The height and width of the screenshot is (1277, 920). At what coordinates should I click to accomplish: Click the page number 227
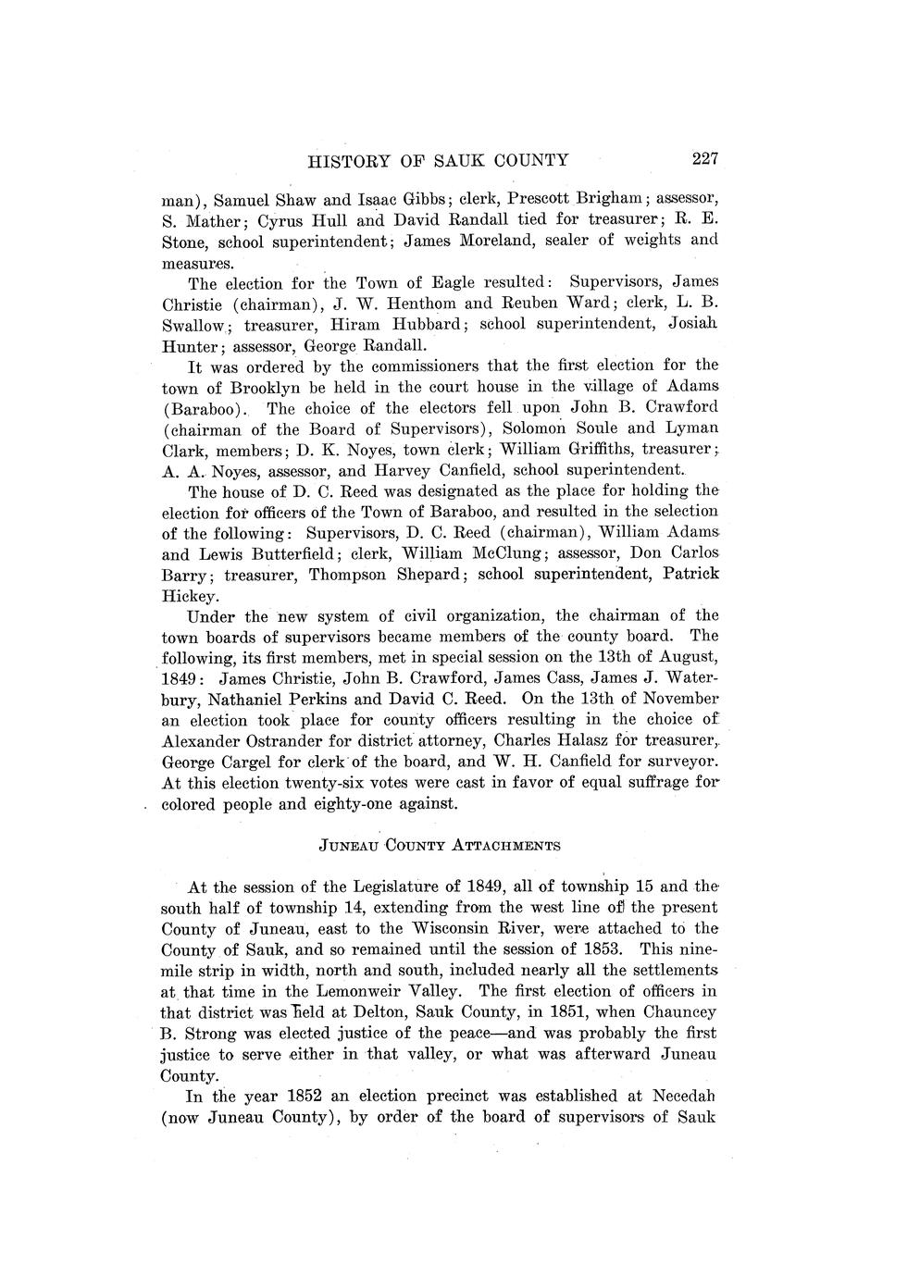[x=704, y=158]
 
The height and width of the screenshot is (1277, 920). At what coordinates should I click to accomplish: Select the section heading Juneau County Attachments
[x=440, y=845]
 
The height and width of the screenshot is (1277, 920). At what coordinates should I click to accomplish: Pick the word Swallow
[x=197, y=324]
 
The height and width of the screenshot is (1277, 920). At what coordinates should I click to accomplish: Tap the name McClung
[x=509, y=552]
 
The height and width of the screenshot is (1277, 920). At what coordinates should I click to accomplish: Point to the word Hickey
[x=191, y=595]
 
